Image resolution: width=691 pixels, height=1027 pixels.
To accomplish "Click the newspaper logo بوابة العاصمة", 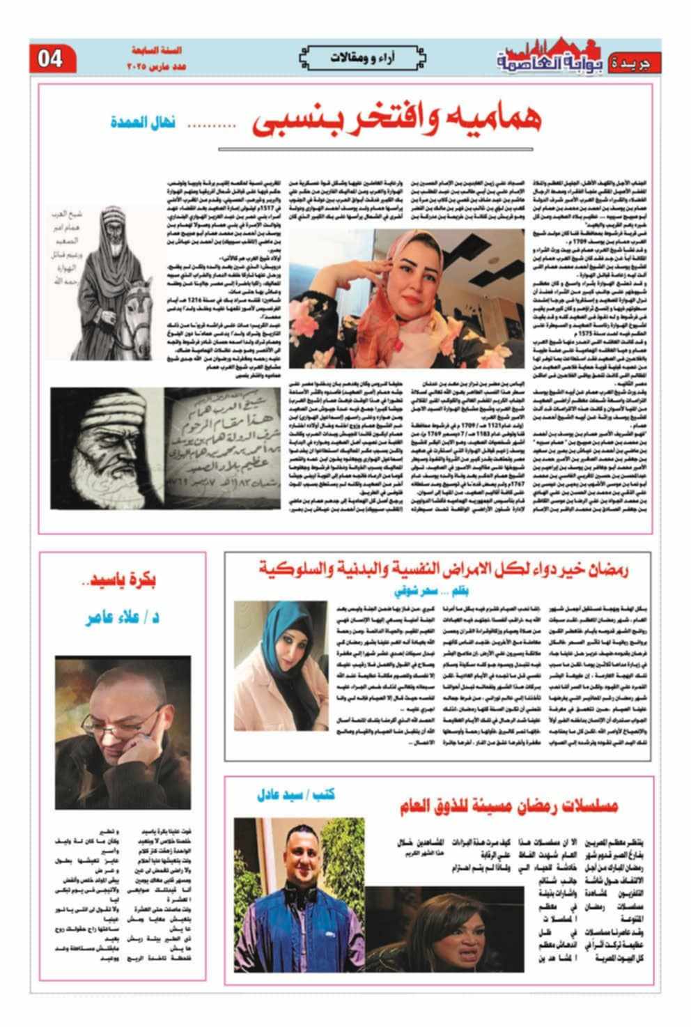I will (x=551, y=59).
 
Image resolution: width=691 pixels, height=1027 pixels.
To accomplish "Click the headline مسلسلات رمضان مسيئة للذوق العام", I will (x=509, y=807).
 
